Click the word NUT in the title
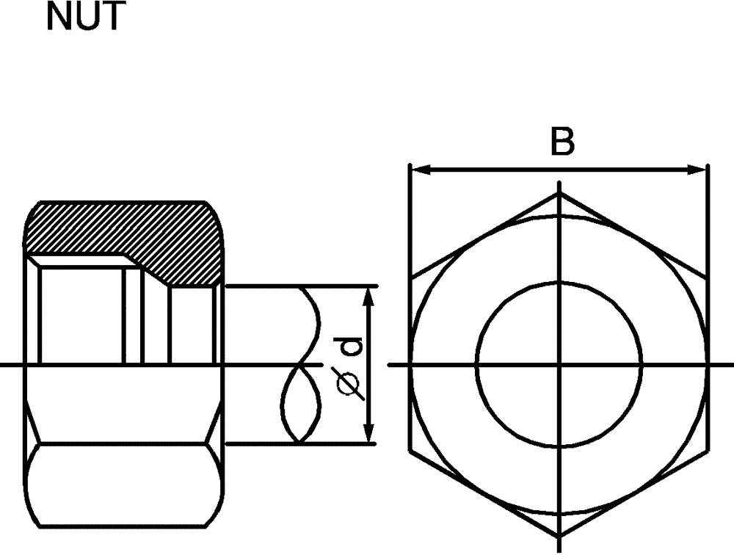[x=83, y=17]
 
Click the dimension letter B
[x=562, y=142]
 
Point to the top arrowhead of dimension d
[x=369, y=293]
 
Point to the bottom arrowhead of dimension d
[x=369, y=437]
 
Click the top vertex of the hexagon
[x=559, y=194]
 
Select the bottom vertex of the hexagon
[x=559, y=534]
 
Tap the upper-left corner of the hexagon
[x=410, y=279]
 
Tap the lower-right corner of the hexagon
[x=708, y=449]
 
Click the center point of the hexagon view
[x=559, y=363]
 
